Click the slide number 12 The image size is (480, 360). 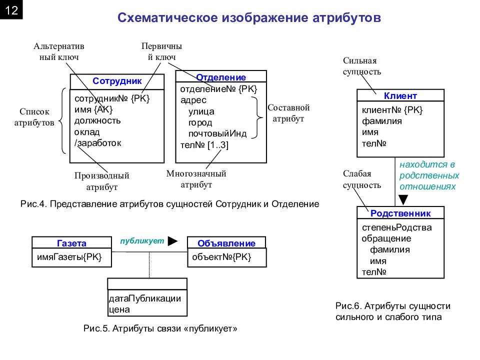[11, 10]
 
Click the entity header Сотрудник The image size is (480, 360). [117, 81]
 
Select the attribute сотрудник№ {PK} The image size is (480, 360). [112, 98]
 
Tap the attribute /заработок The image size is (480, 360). [98, 143]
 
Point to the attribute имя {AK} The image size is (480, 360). [93, 109]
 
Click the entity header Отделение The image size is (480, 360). [221, 77]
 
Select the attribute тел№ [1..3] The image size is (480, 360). [204, 145]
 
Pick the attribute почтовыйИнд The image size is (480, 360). [217, 134]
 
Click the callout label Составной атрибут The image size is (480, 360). [288, 113]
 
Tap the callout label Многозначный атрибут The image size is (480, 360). [196, 179]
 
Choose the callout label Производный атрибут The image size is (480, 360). [102, 181]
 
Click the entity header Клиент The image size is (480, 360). [400, 96]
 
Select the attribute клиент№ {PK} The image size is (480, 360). [392, 110]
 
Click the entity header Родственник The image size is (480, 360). [400, 213]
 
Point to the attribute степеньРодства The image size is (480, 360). [396, 227]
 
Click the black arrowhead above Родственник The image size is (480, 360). [403, 199]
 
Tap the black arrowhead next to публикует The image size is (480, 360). [173, 241]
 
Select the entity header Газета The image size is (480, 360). [71, 243]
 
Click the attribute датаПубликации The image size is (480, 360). [145, 298]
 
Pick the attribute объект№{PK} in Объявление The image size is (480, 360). [221, 257]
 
